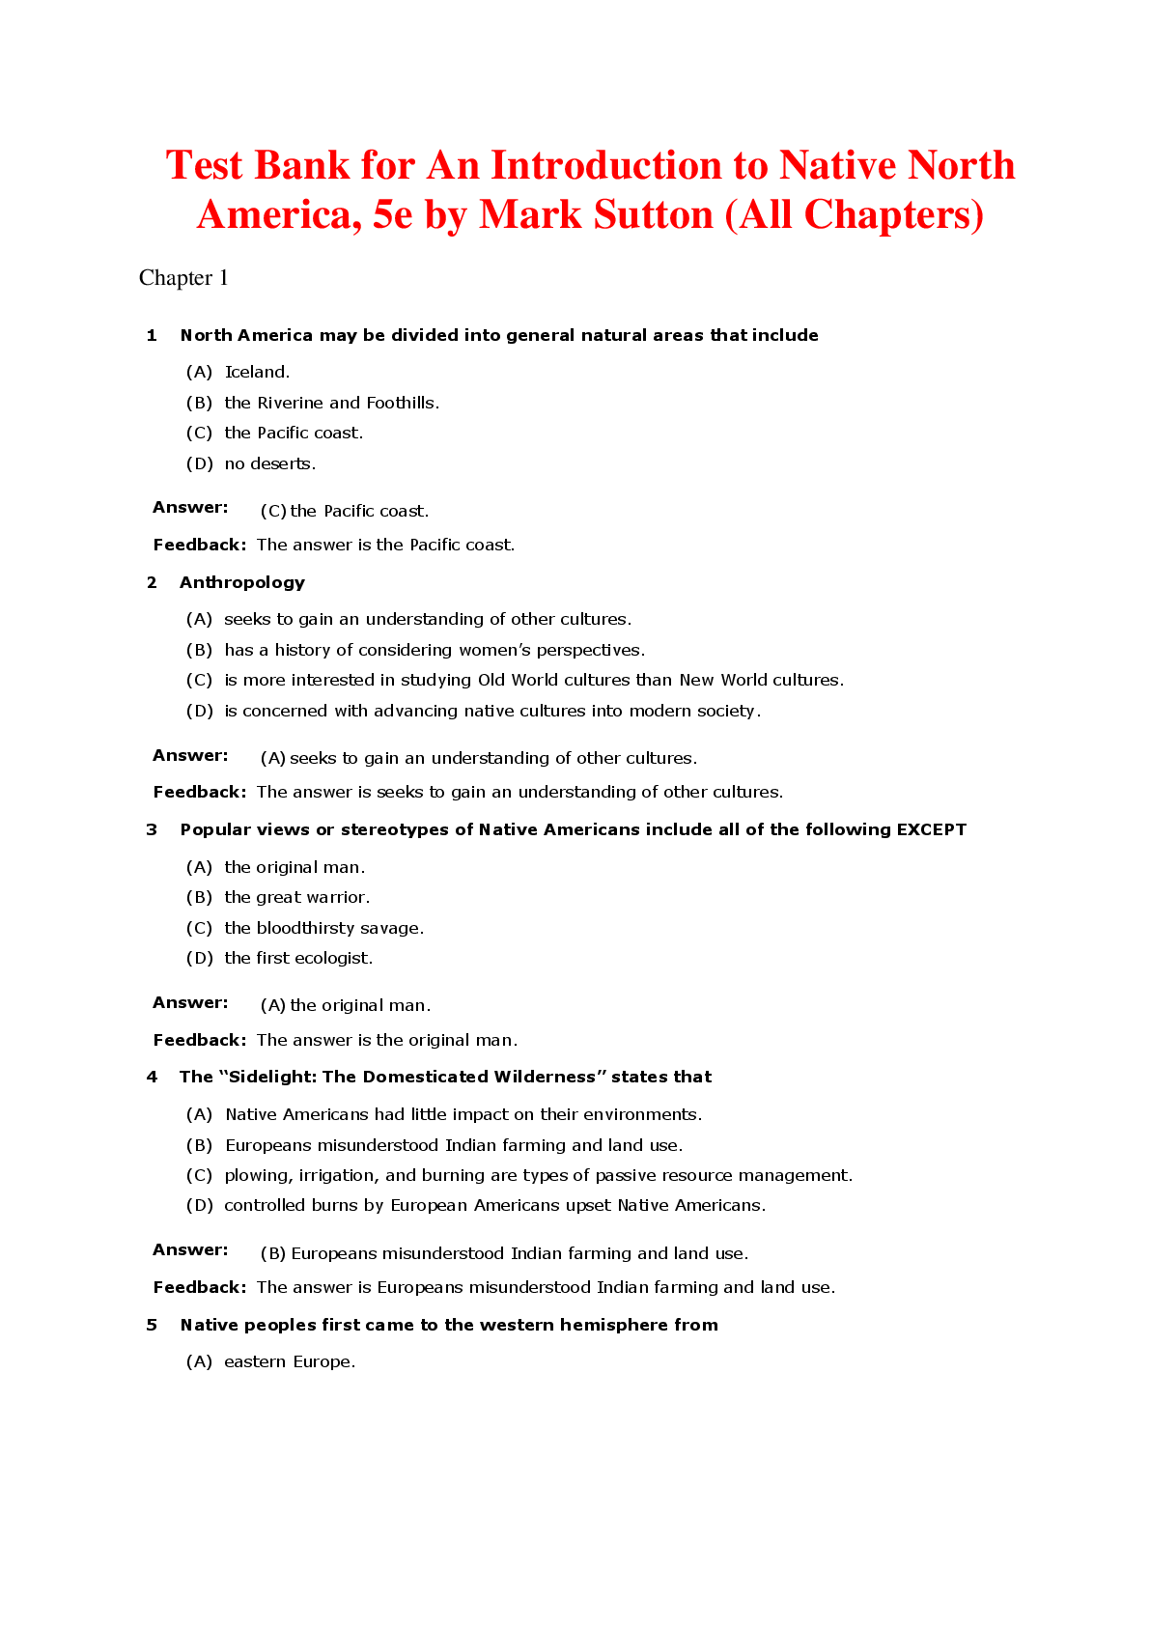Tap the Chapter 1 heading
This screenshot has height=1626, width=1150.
coord(183,278)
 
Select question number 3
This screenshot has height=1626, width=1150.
coord(152,829)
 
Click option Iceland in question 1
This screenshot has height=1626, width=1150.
coord(257,372)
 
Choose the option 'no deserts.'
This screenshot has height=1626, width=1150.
coord(269,463)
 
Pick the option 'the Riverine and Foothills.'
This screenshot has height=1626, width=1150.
coord(331,403)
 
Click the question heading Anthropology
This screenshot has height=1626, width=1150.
coord(241,582)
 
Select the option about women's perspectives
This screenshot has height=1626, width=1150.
coord(434,650)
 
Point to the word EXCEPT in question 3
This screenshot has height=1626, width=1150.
coord(931,829)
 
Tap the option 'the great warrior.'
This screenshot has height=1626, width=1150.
coord(296,897)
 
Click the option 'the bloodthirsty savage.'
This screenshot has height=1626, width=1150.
coord(323,928)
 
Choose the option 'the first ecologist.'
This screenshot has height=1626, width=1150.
coord(297,958)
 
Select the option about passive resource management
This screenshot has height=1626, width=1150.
coord(538,1175)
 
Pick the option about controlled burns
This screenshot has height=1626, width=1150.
coord(493,1205)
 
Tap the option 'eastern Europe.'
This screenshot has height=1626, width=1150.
coord(289,1361)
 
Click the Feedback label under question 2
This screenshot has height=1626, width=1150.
coord(199,792)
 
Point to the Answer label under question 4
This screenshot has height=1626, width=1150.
coord(190,1249)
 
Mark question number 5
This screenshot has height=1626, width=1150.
coord(152,1325)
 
